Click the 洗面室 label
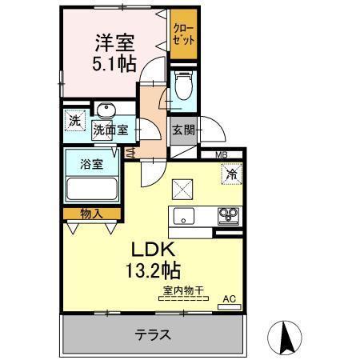click(x=110, y=130)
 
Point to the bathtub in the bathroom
click(x=91, y=190)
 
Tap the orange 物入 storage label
click(x=91, y=213)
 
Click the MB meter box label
click(x=219, y=156)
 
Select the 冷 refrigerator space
click(x=231, y=171)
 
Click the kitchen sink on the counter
click(x=183, y=215)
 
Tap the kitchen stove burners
click(x=229, y=215)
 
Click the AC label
click(x=229, y=299)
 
